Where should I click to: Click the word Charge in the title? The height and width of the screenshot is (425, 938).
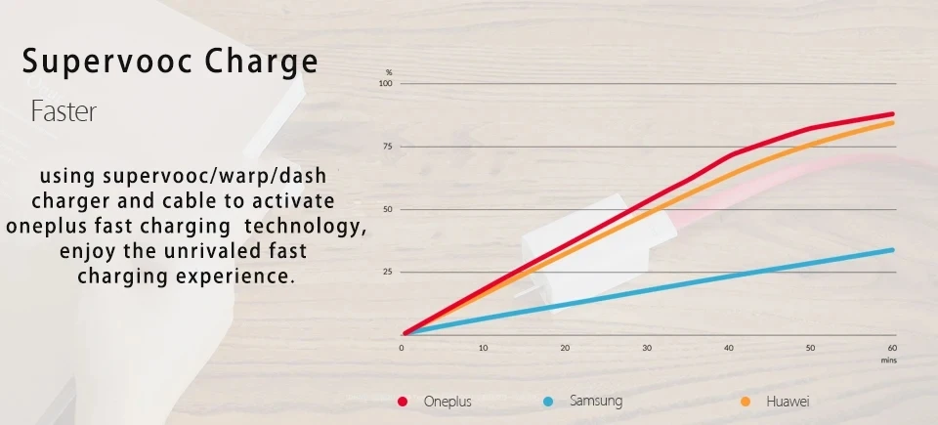tap(262, 63)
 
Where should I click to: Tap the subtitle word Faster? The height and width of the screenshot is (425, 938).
tap(64, 112)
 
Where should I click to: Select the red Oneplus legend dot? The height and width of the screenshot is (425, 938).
tap(403, 402)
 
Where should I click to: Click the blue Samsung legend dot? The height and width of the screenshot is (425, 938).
tap(548, 402)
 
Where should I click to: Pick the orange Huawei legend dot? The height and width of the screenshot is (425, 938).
tap(746, 402)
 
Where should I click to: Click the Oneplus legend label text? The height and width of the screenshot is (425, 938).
tap(448, 402)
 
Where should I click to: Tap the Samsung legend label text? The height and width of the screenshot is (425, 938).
tap(596, 402)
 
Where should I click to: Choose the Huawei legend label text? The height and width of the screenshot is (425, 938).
tap(788, 402)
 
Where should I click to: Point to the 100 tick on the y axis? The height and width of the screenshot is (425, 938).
tap(386, 83)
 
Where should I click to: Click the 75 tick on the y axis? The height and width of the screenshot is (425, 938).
tap(388, 147)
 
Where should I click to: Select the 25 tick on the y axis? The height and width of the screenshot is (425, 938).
tap(388, 272)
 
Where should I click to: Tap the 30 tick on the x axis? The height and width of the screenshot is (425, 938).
tap(647, 348)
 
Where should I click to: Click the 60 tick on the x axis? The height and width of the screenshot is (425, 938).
tap(892, 348)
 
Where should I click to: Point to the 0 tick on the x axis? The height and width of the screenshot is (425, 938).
tap(402, 348)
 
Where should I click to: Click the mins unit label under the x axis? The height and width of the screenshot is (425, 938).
tap(888, 361)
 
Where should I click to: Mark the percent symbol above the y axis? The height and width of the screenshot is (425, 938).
tap(389, 72)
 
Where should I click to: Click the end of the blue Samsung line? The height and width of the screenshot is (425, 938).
tap(892, 249)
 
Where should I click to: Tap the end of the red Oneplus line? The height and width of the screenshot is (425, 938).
tap(892, 113)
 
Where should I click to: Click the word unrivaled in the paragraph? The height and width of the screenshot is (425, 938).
tap(204, 251)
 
